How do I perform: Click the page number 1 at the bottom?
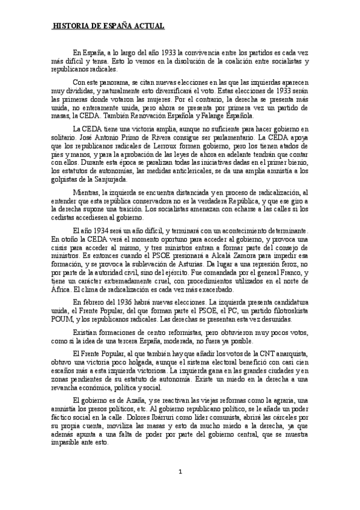tap(180, 487)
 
